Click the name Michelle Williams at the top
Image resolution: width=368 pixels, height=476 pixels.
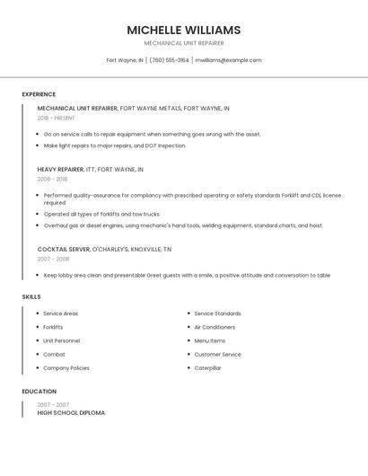[184, 30]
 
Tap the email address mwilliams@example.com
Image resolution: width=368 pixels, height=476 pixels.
[228, 60]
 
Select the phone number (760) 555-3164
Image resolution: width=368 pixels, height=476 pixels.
[169, 60]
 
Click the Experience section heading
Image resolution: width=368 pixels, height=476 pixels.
[39, 94]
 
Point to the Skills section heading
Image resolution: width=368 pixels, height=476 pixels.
[31, 296]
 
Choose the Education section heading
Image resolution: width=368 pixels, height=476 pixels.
[39, 392]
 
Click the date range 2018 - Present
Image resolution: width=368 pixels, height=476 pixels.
[56, 118]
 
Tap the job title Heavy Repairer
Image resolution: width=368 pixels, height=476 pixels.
[60, 169]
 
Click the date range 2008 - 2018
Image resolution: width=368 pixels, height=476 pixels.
[53, 179]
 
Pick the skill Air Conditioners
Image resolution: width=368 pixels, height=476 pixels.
[215, 327]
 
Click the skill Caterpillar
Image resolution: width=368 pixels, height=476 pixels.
[207, 367]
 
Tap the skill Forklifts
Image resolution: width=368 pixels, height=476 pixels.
[53, 327]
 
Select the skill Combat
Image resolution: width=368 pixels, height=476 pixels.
[53, 354]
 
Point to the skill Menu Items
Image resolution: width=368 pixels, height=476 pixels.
[209, 340]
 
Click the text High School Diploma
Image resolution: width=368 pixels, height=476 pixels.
[71, 413]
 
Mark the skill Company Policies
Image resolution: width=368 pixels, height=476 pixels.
[66, 367]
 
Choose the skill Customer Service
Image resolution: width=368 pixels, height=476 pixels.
[217, 354]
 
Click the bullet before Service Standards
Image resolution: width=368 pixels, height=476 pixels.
[188, 313]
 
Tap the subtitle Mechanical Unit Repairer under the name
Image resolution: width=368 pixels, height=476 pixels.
[184, 43]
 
